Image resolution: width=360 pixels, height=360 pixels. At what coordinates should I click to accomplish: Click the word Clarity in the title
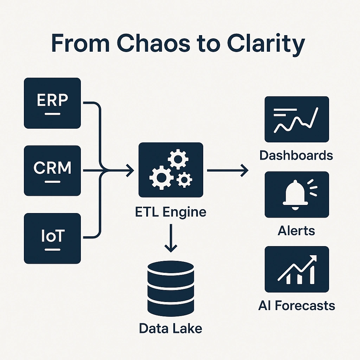(265, 44)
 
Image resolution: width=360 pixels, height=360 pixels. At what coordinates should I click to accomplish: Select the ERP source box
(52, 103)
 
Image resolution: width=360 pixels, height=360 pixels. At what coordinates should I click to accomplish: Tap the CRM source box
(52, 171)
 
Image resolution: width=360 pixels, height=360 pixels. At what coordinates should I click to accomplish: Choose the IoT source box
(52, 238)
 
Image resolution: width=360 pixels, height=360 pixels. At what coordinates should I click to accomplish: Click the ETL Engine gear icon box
(171, 170)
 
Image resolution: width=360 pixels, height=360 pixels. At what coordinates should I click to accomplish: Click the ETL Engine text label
(171, 212)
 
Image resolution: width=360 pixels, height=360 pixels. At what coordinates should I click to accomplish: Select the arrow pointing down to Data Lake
(171, 239)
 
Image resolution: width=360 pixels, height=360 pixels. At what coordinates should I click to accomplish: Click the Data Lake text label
(171, 328)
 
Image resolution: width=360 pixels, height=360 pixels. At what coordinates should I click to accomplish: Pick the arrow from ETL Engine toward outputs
(227, 171)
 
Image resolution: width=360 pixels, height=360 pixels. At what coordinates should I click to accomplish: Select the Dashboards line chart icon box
(296, 119)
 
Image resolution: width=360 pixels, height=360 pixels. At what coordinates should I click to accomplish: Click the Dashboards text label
(296, 155)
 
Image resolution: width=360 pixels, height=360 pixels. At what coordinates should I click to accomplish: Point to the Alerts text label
(296, 231)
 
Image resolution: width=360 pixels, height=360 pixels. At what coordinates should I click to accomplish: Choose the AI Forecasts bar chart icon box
(296, 269)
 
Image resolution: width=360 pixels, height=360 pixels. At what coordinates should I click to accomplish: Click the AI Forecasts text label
(296, 305)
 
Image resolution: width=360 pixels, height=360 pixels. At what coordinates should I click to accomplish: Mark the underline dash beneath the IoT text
(52, 250)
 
